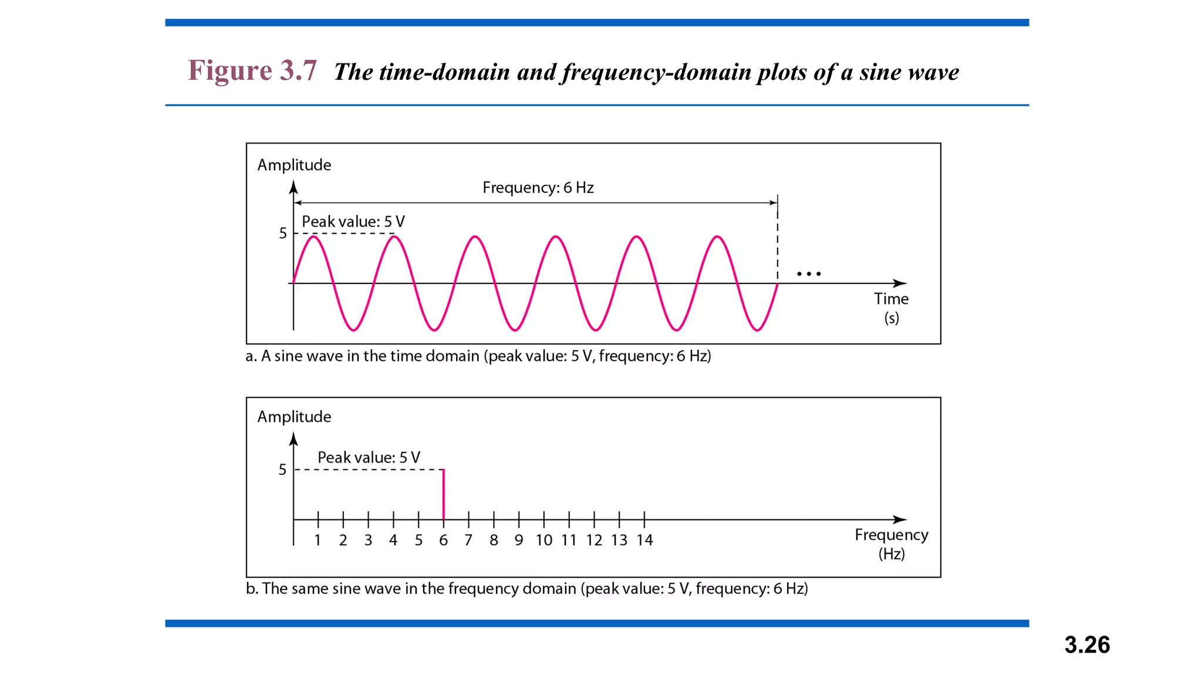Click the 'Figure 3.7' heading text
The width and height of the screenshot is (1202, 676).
252,71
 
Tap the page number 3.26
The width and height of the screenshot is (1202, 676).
1087,645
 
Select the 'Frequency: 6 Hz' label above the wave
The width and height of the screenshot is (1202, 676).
538,188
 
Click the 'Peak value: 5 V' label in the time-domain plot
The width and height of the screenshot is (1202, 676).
353,222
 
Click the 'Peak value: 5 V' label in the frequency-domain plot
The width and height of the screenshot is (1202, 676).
369,458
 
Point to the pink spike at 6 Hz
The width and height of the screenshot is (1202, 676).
444,494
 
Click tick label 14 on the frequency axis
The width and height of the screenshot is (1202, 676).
644,540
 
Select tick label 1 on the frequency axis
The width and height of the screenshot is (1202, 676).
318,540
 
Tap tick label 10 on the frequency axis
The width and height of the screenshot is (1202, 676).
543,540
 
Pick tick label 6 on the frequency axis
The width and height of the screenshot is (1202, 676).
443,540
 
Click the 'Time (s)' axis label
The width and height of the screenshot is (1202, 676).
891,308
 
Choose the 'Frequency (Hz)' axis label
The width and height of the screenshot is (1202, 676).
891,544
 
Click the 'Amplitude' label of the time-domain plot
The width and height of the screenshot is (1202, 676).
294,165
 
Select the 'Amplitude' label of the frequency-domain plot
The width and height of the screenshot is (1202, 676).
294,417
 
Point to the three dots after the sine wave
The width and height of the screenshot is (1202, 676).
809,274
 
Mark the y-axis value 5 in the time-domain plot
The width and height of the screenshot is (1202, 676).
283,234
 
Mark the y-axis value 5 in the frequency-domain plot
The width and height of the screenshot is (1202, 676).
283,469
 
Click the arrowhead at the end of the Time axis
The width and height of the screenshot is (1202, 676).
900,283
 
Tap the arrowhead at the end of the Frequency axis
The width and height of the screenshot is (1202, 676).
900,519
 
